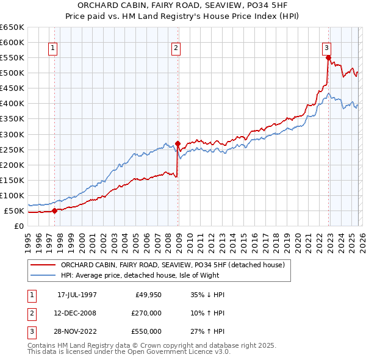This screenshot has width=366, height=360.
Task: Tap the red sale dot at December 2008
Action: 178,143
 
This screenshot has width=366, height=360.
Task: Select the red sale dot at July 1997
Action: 54,211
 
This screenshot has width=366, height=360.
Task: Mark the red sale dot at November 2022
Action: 328,58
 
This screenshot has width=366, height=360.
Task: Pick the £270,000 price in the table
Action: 147,313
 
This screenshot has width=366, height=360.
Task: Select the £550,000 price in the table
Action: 147,332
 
